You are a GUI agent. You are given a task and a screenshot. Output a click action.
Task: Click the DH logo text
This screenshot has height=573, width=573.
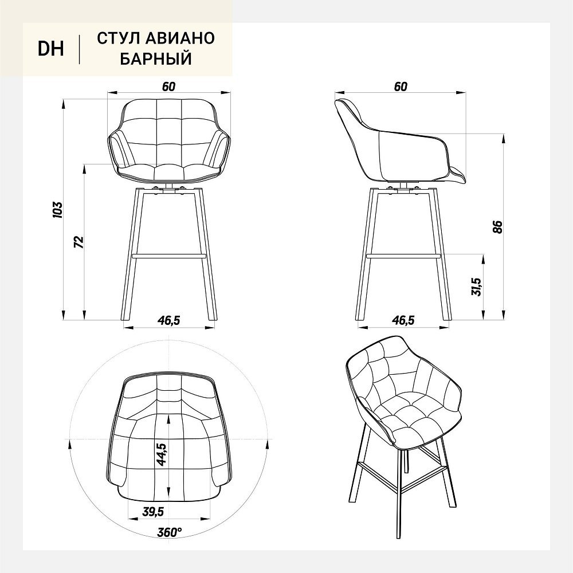[51, 49]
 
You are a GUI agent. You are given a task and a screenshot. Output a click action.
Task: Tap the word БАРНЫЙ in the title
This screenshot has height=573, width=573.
[156, 58]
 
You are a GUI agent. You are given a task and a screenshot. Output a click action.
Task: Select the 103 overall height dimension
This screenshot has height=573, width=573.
[58, 209]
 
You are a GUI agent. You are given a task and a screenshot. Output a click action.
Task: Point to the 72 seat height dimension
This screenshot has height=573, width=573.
[79, 242]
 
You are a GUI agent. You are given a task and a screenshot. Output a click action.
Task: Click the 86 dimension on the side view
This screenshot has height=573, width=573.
[498, 227]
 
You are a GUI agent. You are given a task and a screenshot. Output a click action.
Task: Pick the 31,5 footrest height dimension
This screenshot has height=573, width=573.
[477, 286]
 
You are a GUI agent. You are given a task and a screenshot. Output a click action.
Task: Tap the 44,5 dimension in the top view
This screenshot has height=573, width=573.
[161, 454]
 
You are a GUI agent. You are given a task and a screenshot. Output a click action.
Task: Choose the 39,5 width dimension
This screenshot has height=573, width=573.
[153, 512]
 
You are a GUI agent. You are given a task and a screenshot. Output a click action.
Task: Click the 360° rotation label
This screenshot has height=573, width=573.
[170, 532]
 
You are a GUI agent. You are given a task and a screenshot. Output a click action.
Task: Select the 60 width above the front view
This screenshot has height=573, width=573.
[168, 87]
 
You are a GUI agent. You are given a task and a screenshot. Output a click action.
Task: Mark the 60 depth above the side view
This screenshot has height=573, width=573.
[401, 87]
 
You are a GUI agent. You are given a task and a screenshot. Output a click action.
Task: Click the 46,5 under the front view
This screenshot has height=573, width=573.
[169, 320]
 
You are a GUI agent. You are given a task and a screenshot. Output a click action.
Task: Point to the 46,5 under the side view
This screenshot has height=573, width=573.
[403, 320]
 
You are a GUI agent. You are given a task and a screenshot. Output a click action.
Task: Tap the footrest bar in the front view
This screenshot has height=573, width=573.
[169, 256]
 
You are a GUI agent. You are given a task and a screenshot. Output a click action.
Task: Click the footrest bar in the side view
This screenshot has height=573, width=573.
[402, 256]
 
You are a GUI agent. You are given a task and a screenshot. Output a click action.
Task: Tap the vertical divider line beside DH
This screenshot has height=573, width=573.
[79, 49]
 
